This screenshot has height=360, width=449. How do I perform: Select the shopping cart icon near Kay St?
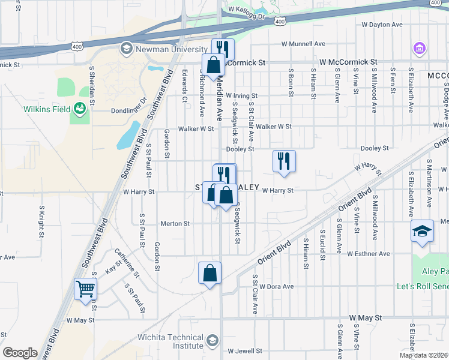(85, 289)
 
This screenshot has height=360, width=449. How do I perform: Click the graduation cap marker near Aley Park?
(422, 230)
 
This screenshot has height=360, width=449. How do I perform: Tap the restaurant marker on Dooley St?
(284, 161)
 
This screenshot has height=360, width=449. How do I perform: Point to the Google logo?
(20, 353)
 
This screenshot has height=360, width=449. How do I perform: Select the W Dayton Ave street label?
(382, 25)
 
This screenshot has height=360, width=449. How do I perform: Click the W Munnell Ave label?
(304, 44)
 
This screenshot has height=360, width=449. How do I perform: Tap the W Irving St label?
(241, 95)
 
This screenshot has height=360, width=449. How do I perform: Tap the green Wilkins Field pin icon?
(79, 109)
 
